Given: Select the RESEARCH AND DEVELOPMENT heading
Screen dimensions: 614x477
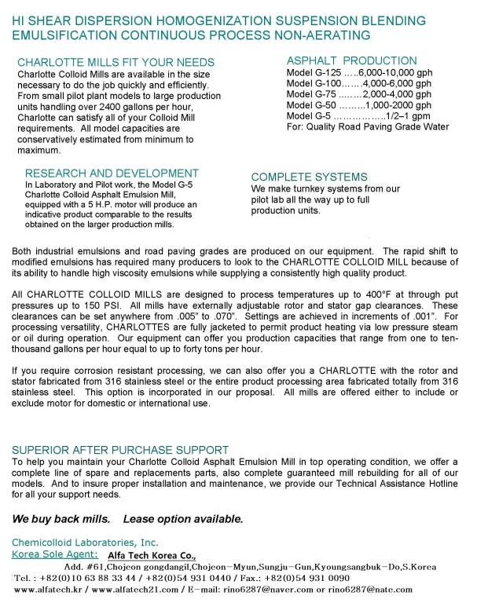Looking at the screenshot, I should click(x=112, y=174).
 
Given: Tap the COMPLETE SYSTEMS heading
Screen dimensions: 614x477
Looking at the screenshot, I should click(x=309, y=177).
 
